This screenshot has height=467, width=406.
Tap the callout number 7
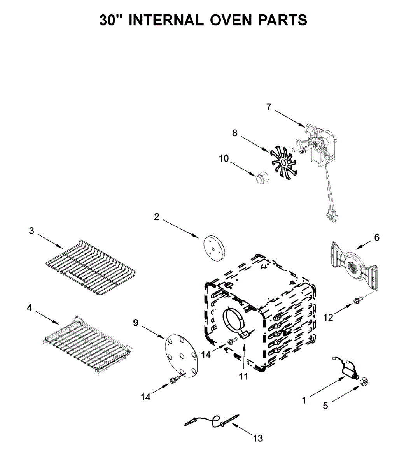(269, 107)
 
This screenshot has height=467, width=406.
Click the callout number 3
(31, 231)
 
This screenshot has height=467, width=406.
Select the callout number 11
(243, 376)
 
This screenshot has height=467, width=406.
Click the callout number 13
(258, 439)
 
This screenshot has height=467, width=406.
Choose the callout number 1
(304, 399)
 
